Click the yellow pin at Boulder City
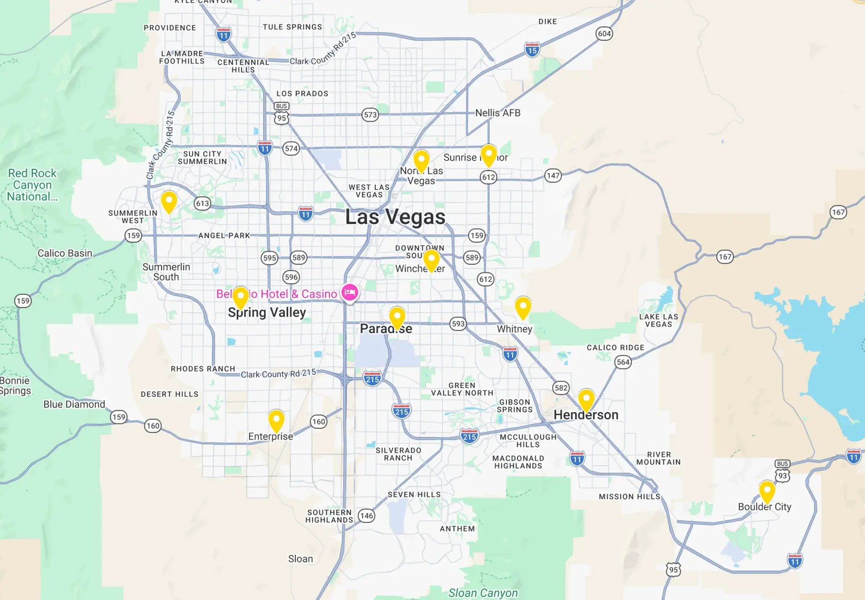[x=767, y=491]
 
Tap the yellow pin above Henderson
[x=586, y=399]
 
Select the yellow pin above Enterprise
[x=276, y=420]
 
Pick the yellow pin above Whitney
[x=523, y=307]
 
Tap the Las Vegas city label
[x=395, y=217]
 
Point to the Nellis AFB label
[x=498, y=113]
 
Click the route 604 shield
[x=604, y=33]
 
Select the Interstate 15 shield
[x=532, y=50]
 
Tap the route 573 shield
[x=370, y=114]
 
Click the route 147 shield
[x=553, y=176]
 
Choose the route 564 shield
[x=623, y=362]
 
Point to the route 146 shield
[x=366, y=516]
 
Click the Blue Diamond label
[x=74, y=404]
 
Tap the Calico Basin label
[x=64, y=253]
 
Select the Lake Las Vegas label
[x=658, y=320]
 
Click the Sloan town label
[x=300, y=559]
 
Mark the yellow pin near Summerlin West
[x=169, y=201]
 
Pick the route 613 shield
[x=202, y=203]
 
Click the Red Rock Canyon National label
[x=32, y=185]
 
